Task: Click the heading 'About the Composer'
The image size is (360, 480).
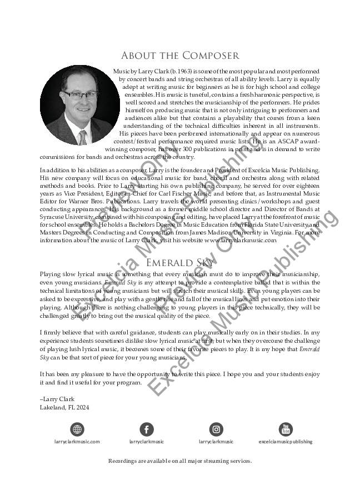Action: coord(180,56)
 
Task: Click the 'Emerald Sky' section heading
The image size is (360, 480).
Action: coord(180,263)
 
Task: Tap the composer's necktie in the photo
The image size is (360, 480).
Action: coord(82,137)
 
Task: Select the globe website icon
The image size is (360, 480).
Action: coord(77,429)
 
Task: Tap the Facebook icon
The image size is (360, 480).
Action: coord(147,429)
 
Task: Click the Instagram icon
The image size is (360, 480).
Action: coord(216,429)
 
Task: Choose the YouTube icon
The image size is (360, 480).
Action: coord(286,429)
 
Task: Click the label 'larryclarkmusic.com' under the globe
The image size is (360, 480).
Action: coord(77,442)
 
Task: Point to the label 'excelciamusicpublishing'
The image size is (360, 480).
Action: coord(286,442)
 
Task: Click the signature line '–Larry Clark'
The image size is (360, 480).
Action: coord(57,399)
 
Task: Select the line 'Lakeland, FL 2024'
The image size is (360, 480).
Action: coord(64,407)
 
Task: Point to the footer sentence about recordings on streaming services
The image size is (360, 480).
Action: coord(180,461)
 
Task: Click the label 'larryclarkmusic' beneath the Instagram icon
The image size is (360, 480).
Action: coord(216,442)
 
